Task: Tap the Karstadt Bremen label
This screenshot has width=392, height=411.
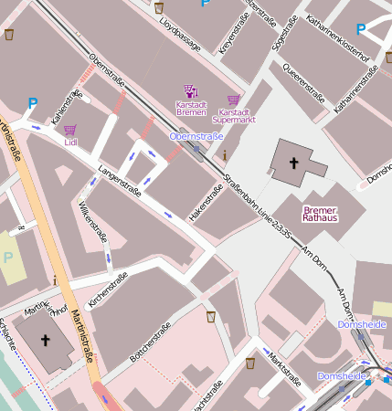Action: pyautogui.click(x=192, y=109)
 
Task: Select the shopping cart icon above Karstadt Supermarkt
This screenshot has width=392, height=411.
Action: pyautogui.click(x=234, y=100)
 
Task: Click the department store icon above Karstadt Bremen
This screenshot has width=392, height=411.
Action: pyautogui.click(x=191, y=91)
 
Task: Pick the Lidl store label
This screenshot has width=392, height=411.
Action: pyautogui.click(x=71, y=142)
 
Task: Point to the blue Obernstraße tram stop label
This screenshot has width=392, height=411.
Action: pyautogui.click(x=196, y=136)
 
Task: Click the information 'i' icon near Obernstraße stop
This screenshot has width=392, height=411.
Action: pyautogui.click(x=225, y=156)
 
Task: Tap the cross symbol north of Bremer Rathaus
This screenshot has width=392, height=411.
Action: pyautogui.click(x=293, y=163)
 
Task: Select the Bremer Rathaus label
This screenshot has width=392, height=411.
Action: pyautogui.click(x=320, y=213)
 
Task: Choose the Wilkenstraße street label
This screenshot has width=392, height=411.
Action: pyautogui.click(x=93, y=223)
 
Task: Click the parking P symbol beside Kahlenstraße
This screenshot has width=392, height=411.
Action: pyautogui.click(x=33, y=104)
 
